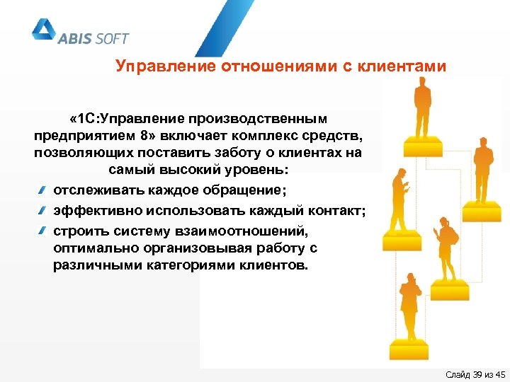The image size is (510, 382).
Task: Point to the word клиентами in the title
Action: (x=404, y=67)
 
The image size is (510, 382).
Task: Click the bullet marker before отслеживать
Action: (x=44, y=190)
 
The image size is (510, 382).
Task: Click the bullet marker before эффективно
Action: (x=44, y=210)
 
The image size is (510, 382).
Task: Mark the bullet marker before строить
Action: (x=44, y=231)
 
